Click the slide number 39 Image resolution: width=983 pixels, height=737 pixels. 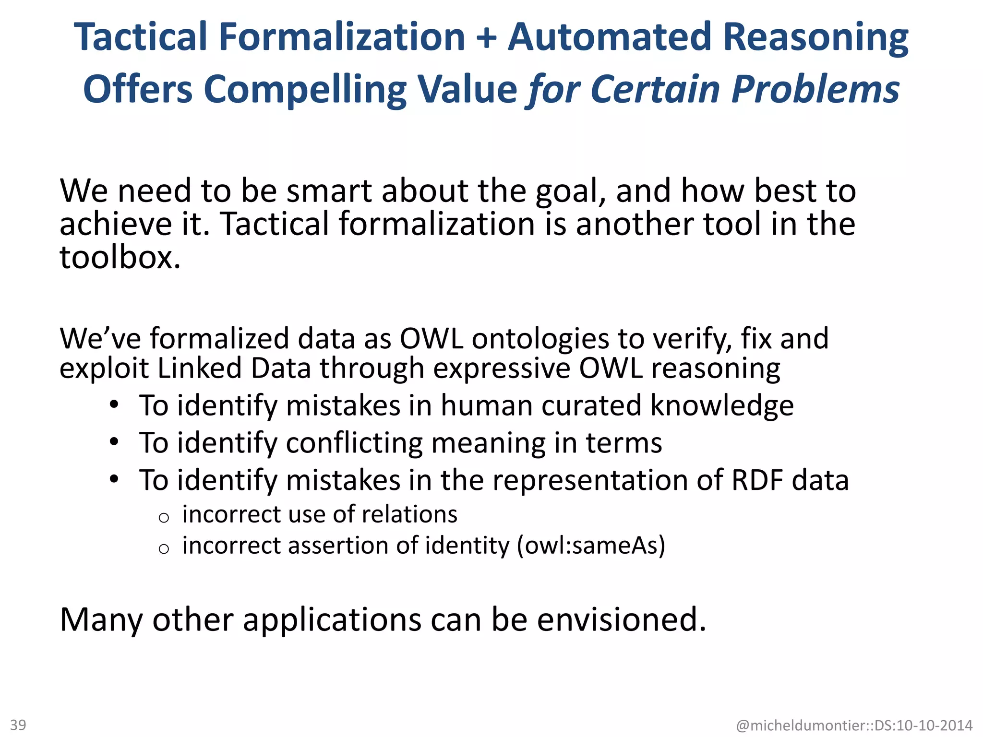[x=18, y=725]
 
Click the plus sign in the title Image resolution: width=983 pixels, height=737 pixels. [x=486, y=37]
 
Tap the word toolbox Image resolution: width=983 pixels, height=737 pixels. [x=120, y=257]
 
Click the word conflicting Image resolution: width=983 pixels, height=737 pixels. [x=354, y=442]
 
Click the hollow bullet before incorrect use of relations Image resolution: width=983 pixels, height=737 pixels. [x=164, y=517]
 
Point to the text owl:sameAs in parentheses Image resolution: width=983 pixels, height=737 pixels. [x=591, y=546]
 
